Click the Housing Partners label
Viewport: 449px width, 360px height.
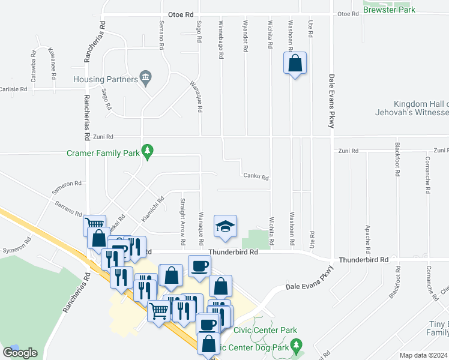(x=104, y=79)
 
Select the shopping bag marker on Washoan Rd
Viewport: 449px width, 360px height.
(x=295, y=64)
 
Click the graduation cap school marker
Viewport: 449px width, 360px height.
(x=226, y=226)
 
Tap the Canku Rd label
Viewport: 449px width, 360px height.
(x=256, y=178)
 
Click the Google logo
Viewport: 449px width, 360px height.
(x=20, y=353)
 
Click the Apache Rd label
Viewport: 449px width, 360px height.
(x=367, y=238)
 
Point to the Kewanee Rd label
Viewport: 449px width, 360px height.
(x=53, y=61)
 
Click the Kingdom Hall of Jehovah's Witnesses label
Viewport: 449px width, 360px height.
(x=420, y=108)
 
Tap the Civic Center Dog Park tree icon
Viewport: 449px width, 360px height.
(x=295, y=346)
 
